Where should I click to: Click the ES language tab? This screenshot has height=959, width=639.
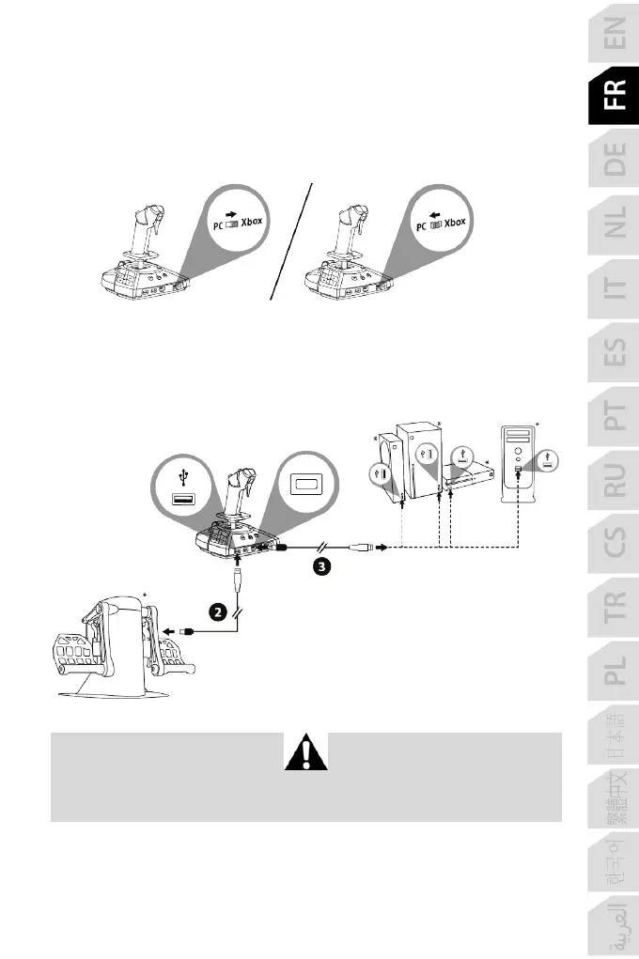pyautogui.click(x=613, y=355)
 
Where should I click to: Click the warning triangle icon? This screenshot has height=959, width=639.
pyautogui.click(x=305, y=753)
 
